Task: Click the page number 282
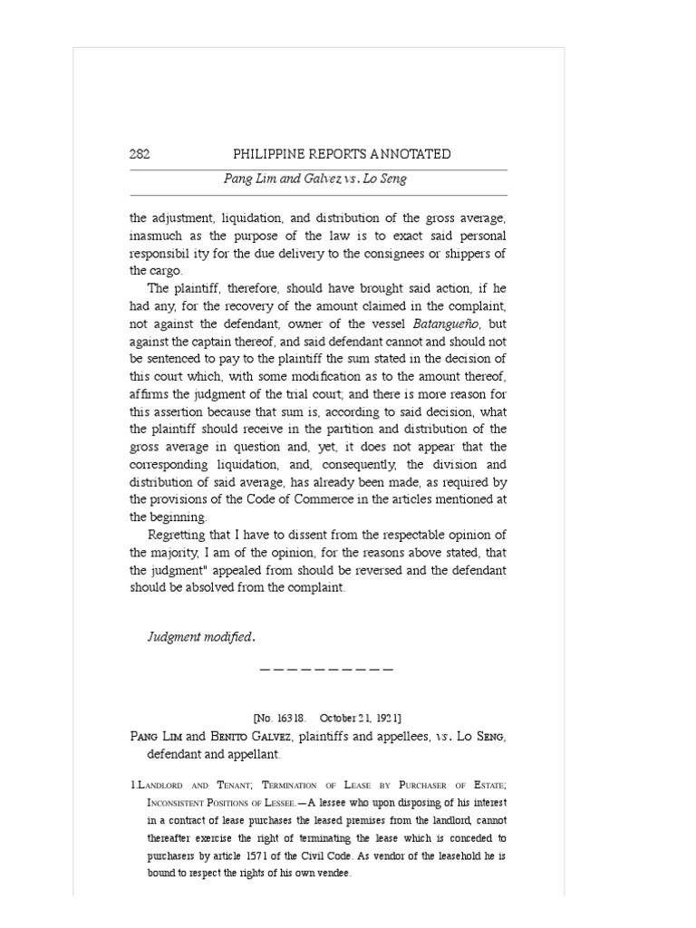(x=140, y=154)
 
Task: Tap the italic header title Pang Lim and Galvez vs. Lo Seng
(x=315, y=179)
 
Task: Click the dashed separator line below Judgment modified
(x=326, y=670)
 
